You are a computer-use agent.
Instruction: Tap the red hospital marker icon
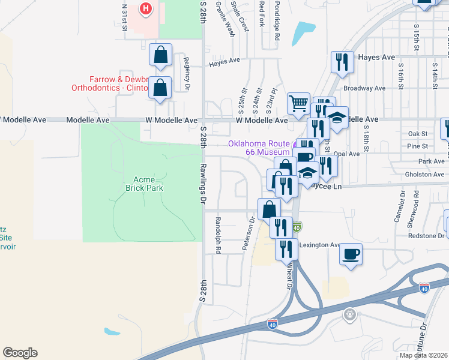(145, 8)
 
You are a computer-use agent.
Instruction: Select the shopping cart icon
(298, 103)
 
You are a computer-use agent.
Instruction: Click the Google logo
(20, 353)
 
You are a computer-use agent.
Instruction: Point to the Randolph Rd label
(218, 234)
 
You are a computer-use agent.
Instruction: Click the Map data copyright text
(424, 355)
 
